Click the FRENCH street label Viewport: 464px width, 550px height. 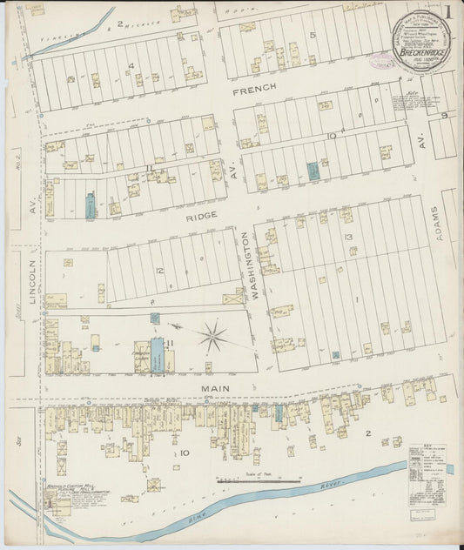pos(253,89)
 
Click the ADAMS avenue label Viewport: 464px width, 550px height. pos(449,222)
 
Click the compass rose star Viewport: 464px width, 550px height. pos(212,336)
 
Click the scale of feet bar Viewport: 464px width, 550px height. pos(253,478)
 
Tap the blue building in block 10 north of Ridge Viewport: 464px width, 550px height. pos(313,171)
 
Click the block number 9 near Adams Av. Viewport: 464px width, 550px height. pos(444,116)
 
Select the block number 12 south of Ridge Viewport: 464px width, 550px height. pos(161,271)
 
